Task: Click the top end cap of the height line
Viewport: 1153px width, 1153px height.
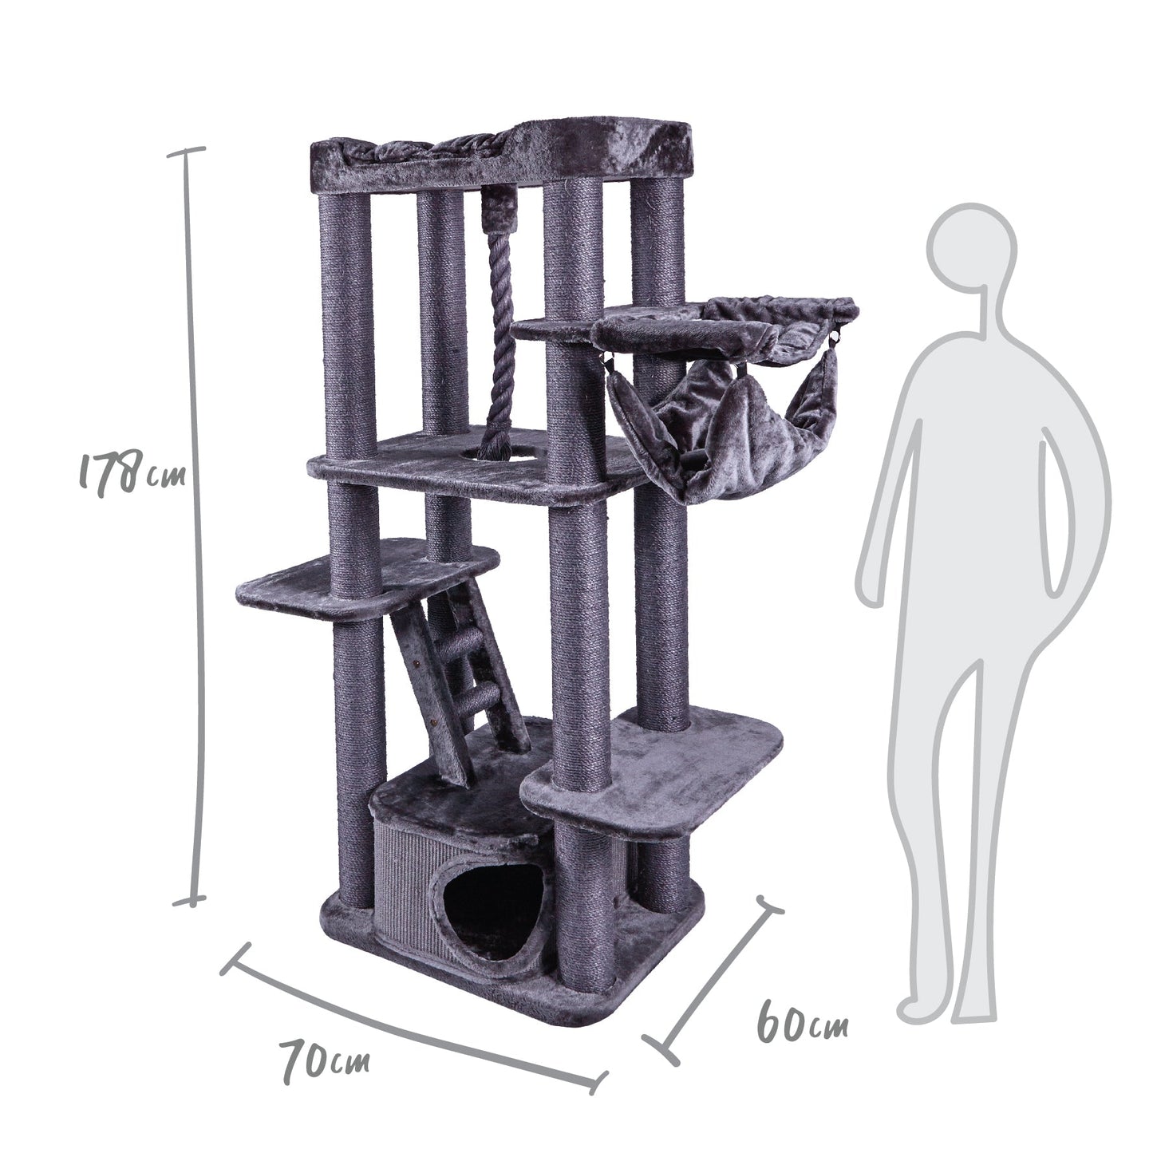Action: tap(188, 151)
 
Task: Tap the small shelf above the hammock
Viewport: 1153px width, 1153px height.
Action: tap(559, 329)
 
